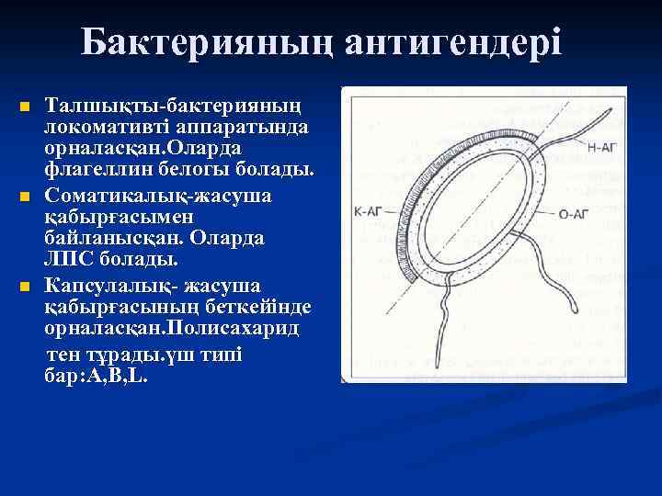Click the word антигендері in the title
pyautogui.click(x=454, y=41)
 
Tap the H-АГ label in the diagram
pyautogui.click(x=601, y=146)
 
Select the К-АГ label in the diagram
pyautogui.click(x=367, y=210)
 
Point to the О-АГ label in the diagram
pyautogui.click(x=573, y=214)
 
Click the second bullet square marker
pyautogui.click(x=25, y=197)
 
